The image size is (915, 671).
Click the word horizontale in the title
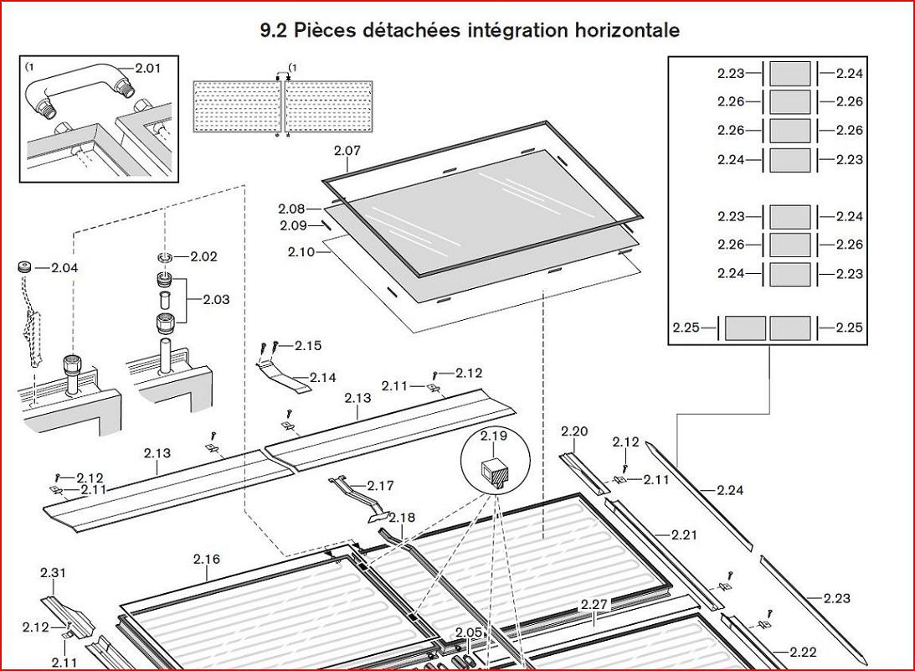point(627,30)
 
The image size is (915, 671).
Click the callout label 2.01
point(147,68)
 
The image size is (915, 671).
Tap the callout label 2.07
point(347,150)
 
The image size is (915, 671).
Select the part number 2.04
point(64,268)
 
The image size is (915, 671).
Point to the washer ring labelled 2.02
point(166,257)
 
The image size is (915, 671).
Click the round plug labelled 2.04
point(24,267)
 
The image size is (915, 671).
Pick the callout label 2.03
point(216,300)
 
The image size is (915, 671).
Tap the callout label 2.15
point(308,346)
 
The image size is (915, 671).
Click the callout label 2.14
point(322,378)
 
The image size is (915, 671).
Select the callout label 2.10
point(301,251)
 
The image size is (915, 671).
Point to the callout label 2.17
point(380,485)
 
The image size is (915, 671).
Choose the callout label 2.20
point(574,431)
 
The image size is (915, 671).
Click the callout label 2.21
point(684,535)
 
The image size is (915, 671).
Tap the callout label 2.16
point(207,560)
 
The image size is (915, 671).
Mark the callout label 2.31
point(53,573)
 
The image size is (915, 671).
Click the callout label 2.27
point(594,605)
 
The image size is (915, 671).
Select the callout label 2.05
point(469,632)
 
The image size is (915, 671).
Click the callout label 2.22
point(803,653)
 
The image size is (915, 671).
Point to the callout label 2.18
point(402,518)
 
